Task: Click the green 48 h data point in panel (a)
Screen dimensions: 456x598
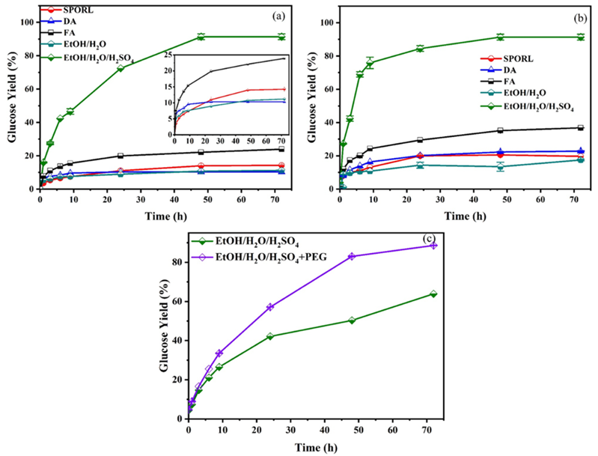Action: pos(201,37)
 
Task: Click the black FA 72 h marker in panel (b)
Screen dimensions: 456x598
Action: pos(580,127)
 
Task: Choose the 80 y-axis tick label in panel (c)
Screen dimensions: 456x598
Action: pos(178,262)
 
